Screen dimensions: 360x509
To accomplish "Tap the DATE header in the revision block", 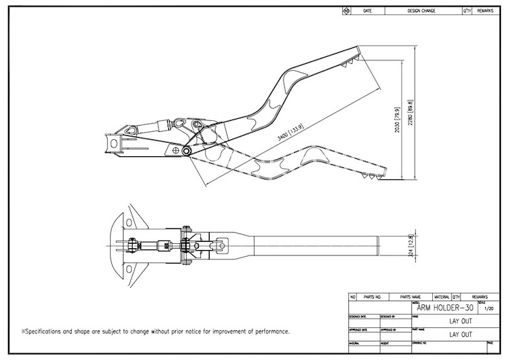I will (368, 12).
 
